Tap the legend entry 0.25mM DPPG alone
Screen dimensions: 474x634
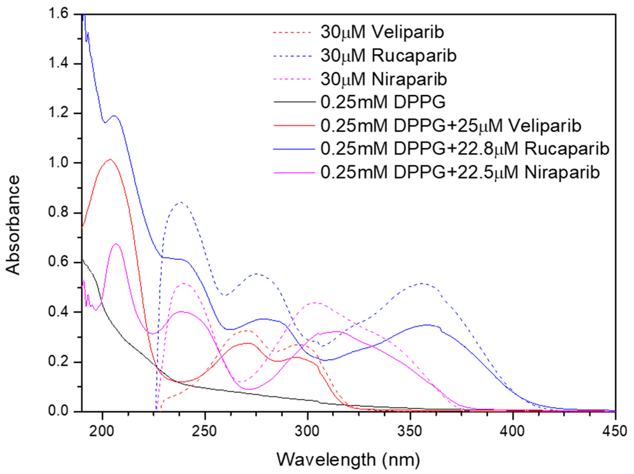click(x=383, y=102)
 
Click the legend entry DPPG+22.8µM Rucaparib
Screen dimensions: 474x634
click(x=464, y=149)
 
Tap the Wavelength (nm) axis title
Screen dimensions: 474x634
click(x=348, y=460)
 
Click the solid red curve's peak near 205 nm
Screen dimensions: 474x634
click(x=110, y=160)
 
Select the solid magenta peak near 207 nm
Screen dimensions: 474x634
click(x=116, y=244)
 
